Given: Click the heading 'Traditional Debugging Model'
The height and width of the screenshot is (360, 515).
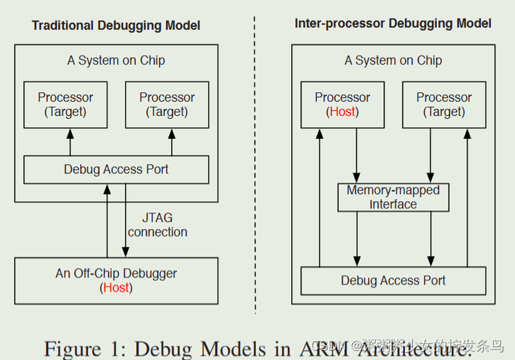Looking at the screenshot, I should click(x=116, y=25).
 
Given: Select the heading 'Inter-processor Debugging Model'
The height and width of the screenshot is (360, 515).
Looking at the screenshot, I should click(x=393, y=24).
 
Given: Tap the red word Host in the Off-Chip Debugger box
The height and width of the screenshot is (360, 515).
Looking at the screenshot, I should click(x=116, y=288).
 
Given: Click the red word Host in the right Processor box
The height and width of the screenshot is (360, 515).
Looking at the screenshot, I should click(x=342, y=112).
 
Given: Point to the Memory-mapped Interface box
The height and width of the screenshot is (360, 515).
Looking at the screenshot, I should click(x=393, y=198).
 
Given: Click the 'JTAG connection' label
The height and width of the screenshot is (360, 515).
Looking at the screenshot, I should click(x=157, y=225).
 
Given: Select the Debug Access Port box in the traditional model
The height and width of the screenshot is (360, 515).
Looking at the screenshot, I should click(x=116, y=170).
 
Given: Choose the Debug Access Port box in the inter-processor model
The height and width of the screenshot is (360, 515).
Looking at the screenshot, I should click(x=393, y=281).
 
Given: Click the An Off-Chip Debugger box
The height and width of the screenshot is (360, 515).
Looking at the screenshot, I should click(x=116, y=280).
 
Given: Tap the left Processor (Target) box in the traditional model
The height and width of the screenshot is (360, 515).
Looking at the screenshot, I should click(x=65, y=104).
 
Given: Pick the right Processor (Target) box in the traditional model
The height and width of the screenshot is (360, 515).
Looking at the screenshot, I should click(x=167, y=104).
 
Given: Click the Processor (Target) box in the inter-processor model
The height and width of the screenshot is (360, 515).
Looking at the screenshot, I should click(x=443, y=104).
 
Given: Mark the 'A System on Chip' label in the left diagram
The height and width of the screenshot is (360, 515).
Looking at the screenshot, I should click(x=116, y=61).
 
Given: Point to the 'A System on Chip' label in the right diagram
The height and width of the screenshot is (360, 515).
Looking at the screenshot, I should click(x=393, y=61).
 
